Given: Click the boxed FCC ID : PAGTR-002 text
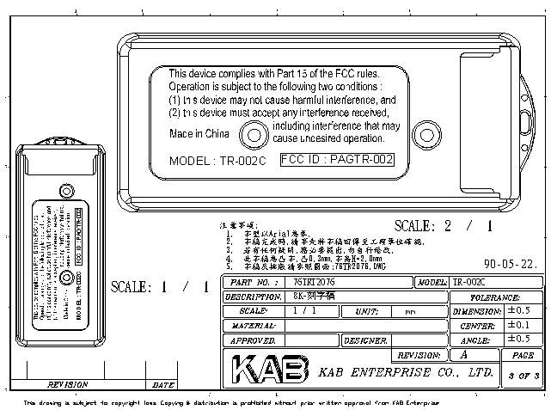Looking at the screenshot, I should click(x=337, y=159).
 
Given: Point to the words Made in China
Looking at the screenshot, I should click(x=198, y=133).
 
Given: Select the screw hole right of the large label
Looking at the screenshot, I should click(x=425, y=132).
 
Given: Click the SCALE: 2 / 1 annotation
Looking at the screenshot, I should click(x=444, y=227).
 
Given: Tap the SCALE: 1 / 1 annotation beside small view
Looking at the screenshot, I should click(x=160, y=287).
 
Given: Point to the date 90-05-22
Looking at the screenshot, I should click(x=511, y=265).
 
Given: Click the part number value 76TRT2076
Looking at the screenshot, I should click(x=315, y=282).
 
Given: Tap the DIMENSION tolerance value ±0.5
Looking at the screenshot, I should click(x=518, y=310).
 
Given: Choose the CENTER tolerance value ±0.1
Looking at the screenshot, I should click(x=518, y=326).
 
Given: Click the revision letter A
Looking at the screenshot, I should click(x=465, y=354).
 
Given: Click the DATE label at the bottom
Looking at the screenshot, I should click(x=163, y=385).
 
